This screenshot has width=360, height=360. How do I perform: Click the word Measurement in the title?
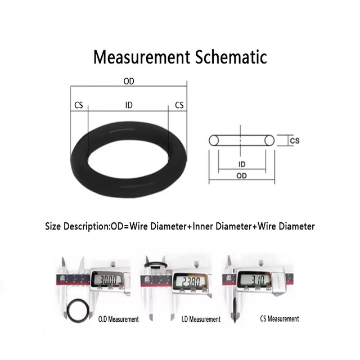(142, 57)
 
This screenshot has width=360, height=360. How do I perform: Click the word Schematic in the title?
(231, 57)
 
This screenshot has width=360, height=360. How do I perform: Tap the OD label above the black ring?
(129, 81)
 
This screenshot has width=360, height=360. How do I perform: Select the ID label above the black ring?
(129, 105)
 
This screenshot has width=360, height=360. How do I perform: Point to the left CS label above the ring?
(79, 105)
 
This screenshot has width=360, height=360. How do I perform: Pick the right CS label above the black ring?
(179, 105)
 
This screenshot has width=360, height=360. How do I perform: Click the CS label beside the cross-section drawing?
(295, 141)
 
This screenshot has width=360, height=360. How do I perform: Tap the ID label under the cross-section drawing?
(242, 164)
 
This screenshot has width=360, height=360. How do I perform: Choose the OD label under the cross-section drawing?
(241, 176)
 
